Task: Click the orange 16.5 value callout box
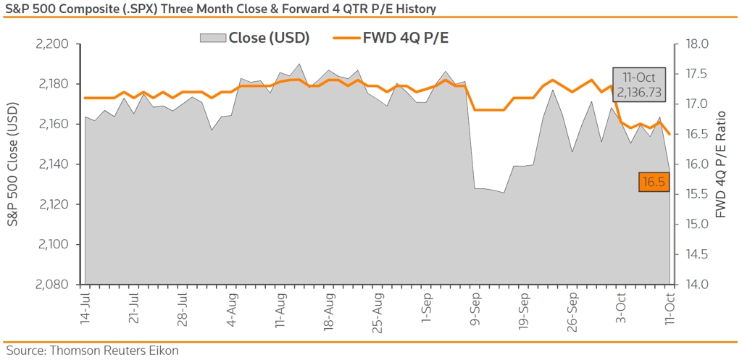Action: [x=653, y=183]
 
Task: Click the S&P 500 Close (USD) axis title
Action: [x=14, y=164]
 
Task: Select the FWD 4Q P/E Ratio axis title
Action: [x=720, y=164]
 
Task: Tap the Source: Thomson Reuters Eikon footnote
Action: [x=92, y=351]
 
